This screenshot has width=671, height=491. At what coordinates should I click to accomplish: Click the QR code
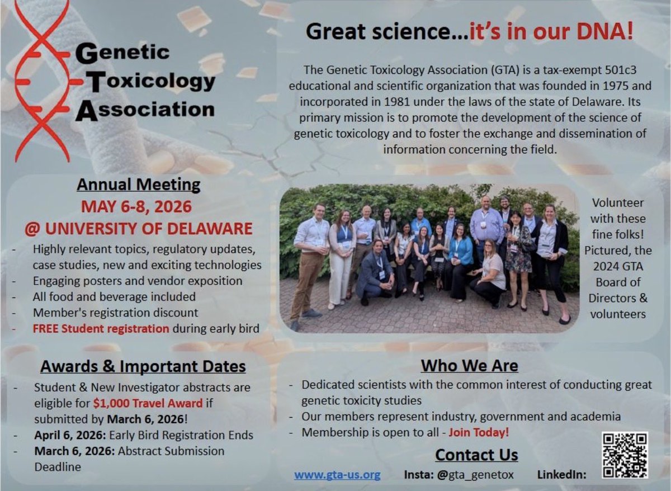click(625, 455)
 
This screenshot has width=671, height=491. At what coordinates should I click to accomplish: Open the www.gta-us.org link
click(337, 475)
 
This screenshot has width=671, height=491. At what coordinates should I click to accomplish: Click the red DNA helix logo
click(42, 81)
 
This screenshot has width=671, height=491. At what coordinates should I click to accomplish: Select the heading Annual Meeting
click(138, 185)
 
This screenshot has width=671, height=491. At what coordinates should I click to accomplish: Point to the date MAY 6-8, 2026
click(136, 206)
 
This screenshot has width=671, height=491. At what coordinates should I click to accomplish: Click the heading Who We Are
click(469, 366)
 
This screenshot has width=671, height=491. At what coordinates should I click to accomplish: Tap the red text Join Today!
click(479, 432)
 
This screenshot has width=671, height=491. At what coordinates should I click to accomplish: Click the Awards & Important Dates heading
click(143, 366)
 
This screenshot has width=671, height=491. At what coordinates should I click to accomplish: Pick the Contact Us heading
click(476, 455)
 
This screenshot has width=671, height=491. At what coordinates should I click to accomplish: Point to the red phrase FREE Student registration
click(101, 328)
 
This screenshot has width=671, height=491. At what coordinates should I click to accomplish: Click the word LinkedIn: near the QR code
click(562, 475)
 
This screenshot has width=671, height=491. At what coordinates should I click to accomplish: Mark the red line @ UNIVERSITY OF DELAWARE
click(138, 228)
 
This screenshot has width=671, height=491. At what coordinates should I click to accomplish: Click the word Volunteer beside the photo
click(617, 203)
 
